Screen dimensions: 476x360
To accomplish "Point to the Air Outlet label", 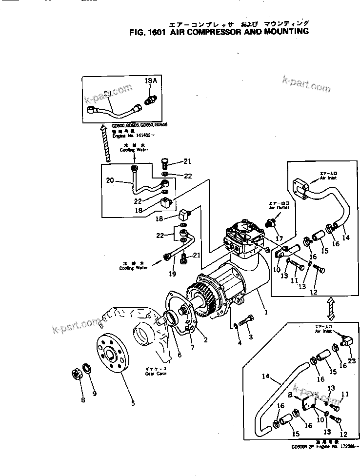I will (279, 207).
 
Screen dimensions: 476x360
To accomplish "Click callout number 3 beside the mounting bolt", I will (251, 337).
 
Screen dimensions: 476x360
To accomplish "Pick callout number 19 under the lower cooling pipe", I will (172, 275).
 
